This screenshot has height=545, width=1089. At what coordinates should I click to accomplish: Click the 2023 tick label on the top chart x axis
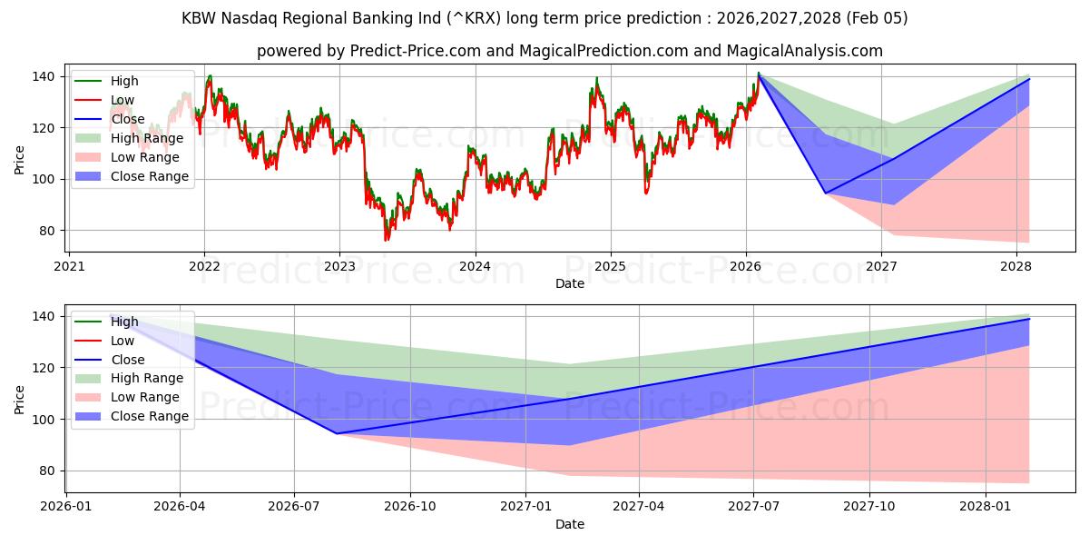[x=339, y=266]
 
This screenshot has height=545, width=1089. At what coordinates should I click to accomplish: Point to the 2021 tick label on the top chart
[x=69, y=266]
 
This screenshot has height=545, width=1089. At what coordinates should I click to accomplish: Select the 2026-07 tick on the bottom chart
[x=295, y=506]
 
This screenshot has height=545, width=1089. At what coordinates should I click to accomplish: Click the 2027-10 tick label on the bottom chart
[x=869, y=506]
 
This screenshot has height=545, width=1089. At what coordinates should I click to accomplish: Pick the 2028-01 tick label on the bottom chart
[x=985, y=506]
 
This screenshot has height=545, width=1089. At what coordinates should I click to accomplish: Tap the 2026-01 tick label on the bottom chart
[x=65, y=506]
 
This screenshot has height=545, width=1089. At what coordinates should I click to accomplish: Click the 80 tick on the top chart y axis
[x=44, y=231]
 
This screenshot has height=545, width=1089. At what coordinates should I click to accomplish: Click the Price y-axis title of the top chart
[x=20, y=160]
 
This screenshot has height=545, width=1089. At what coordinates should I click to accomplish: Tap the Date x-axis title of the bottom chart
[x=569, y=524]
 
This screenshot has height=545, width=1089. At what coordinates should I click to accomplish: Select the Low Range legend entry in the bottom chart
[x=145, y=397]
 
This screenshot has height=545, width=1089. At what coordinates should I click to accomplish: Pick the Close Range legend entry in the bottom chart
[x=149, y=416]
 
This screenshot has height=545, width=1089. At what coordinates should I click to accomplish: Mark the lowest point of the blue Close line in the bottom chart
[x=337, y=433]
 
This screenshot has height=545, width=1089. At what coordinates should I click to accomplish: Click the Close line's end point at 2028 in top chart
[x=1029, y=79]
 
